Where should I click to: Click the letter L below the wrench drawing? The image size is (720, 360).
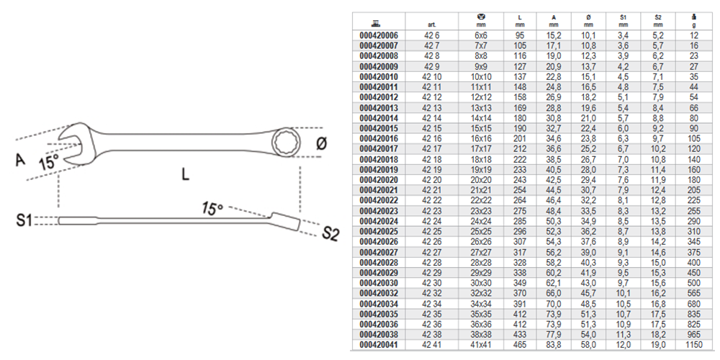pyautogui.click(x=185, y=175)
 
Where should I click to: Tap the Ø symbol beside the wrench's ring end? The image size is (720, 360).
pyautogui.click(x=321, y=144)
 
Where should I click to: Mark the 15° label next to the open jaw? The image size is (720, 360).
pyautogui.click(x=49, y=162)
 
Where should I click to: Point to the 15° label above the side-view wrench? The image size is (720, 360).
pyautogui.click(x=212, y=209)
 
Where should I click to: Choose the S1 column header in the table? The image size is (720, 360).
pyautogui.click(x=623, y=20)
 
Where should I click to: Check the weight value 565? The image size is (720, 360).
pyautogui.click(x=693, y=294)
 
